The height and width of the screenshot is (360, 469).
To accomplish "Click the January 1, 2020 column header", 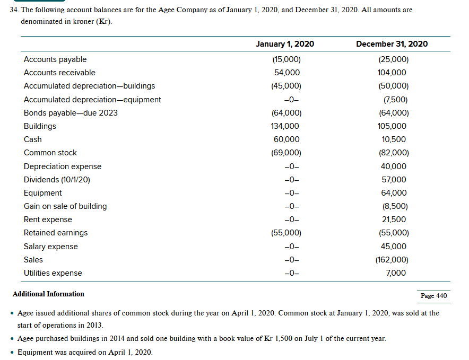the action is coord(284,44).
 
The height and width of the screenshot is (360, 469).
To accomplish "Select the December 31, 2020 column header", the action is coord(392,44).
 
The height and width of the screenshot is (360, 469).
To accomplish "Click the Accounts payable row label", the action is coord(55,59).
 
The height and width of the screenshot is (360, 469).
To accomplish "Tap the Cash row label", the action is coord(33,139).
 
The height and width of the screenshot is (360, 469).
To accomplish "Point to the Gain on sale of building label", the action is coord(65,206).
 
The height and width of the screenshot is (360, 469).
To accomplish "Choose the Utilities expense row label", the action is coord(53,273).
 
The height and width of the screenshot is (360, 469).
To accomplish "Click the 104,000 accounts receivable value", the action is coord(394,73).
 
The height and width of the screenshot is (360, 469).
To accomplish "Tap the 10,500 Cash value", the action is coord(394,139).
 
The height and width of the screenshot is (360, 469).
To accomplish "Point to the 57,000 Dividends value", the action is coord(394,180).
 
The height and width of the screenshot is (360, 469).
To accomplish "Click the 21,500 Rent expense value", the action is coord(394,219).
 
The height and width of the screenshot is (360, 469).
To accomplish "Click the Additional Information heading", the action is coord(48,294).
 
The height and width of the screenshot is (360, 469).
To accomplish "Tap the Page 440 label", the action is coord(433,296).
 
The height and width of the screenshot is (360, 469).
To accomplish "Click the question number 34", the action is coord(14,10).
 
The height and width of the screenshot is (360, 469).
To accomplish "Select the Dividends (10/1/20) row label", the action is coord(57,180).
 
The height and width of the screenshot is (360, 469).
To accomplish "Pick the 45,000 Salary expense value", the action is coord(394,247).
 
